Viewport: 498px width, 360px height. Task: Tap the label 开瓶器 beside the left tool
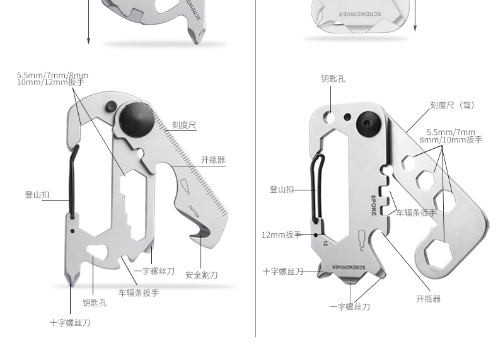pyautogui.click(x=213, y=160)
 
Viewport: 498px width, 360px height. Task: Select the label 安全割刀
pyautogui.click(x=202, y=275)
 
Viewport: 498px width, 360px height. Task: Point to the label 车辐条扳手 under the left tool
pyautogui.click(x=139, y=293)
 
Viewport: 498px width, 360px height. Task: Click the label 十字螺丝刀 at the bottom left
pyautogui.click(x=70, y=323)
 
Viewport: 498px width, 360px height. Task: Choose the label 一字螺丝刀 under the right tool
pyautogui.click(x=349, y=307)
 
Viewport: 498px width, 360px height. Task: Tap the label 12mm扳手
pyautogui.click(x=282, y=235)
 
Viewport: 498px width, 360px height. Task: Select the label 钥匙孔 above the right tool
pyautogui.click(x=333, y=79)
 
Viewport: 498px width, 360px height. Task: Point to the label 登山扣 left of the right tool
pyautogui.click(x=282, y=189)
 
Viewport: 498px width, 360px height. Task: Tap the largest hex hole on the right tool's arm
pyautogui.click(x=434, y=255)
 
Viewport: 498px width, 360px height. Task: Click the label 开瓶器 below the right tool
pyautogui.click(x=429, y=299)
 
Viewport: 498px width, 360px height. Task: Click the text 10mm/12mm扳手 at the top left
pyautogui.click(x=50, y=83)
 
